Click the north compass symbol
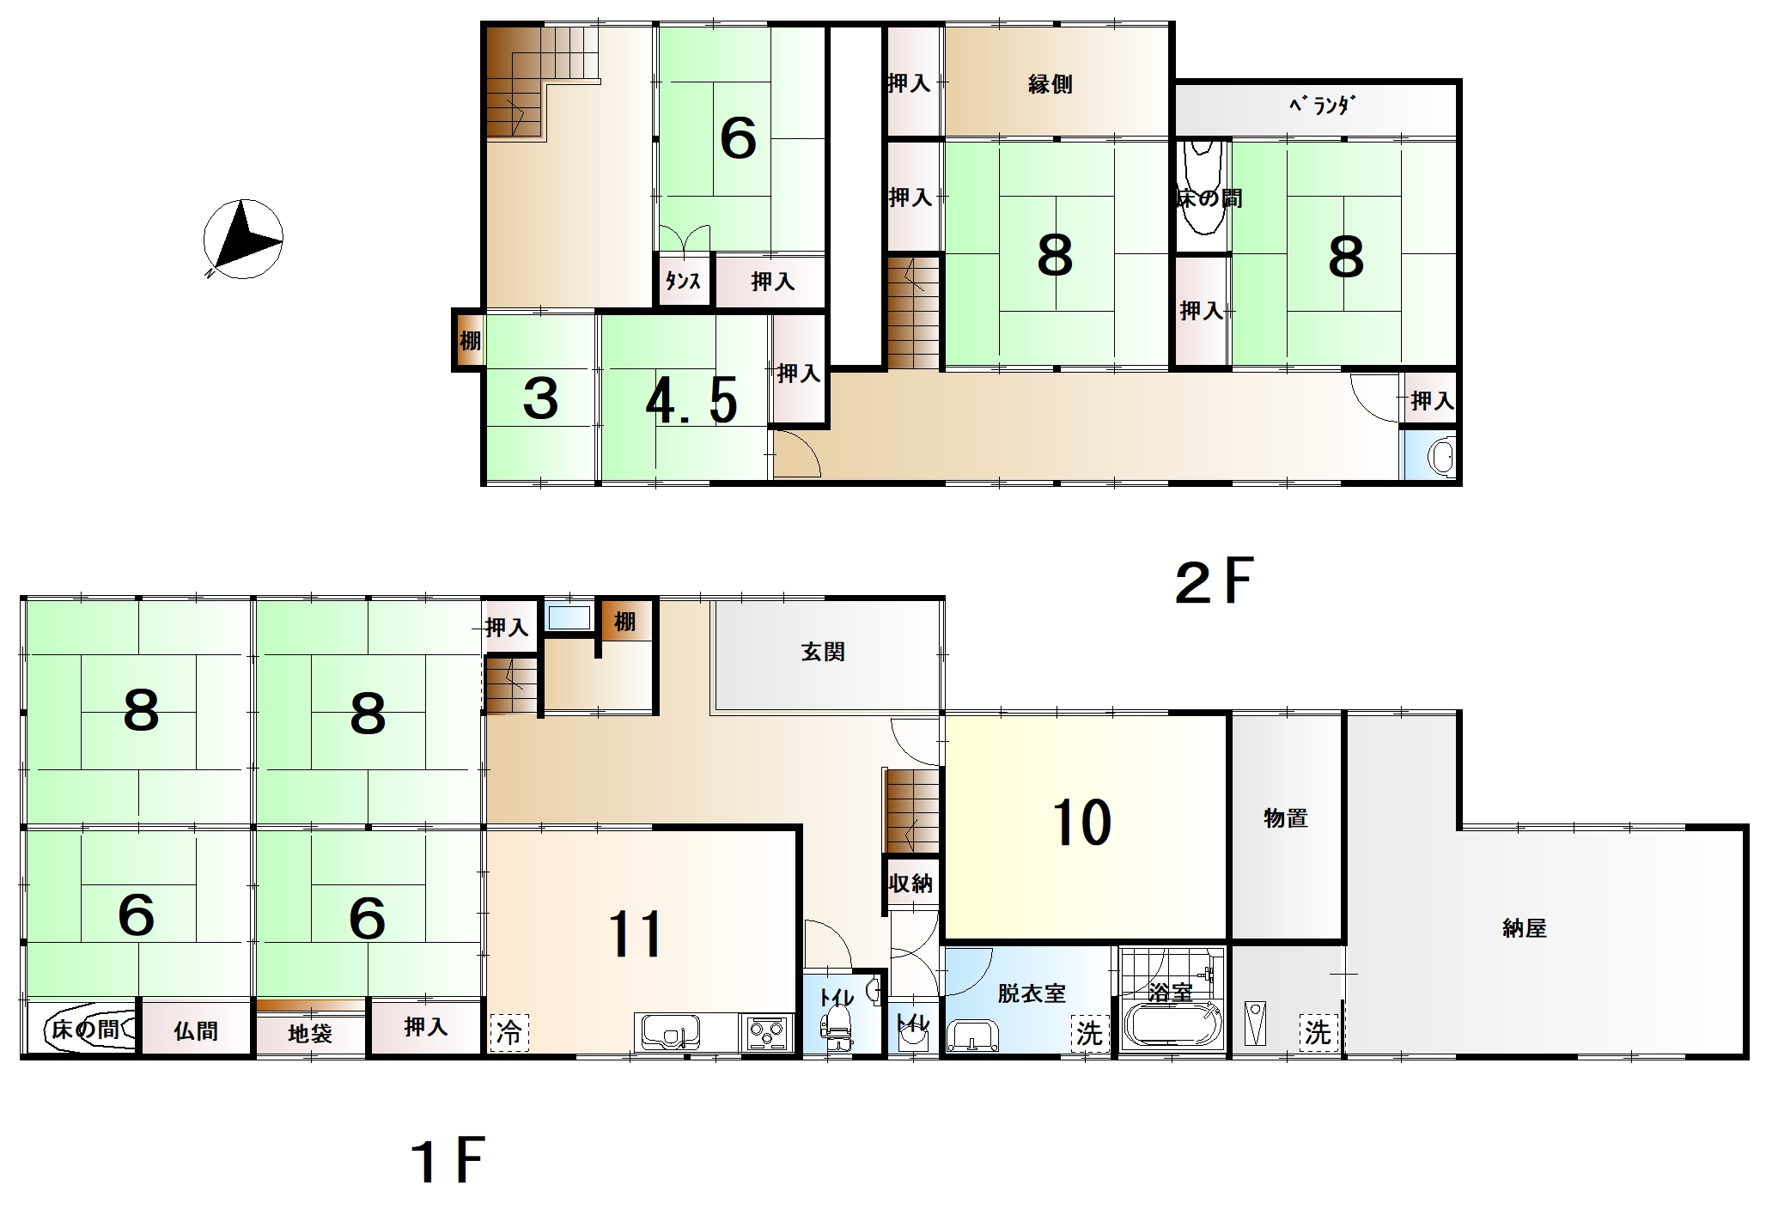243,239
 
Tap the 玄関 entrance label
823,653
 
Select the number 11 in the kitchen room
635,935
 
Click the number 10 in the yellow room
1081,822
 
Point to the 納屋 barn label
1525,928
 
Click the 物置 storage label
1286,818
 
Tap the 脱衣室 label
1032,993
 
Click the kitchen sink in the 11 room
668,1031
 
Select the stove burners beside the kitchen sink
766,1031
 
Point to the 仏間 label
196,1030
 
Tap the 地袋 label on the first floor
310,1033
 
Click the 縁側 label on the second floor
1050,84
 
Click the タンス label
683,281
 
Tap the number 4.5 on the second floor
691,399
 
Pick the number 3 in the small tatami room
540,398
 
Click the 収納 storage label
910,883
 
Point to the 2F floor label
1215,581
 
